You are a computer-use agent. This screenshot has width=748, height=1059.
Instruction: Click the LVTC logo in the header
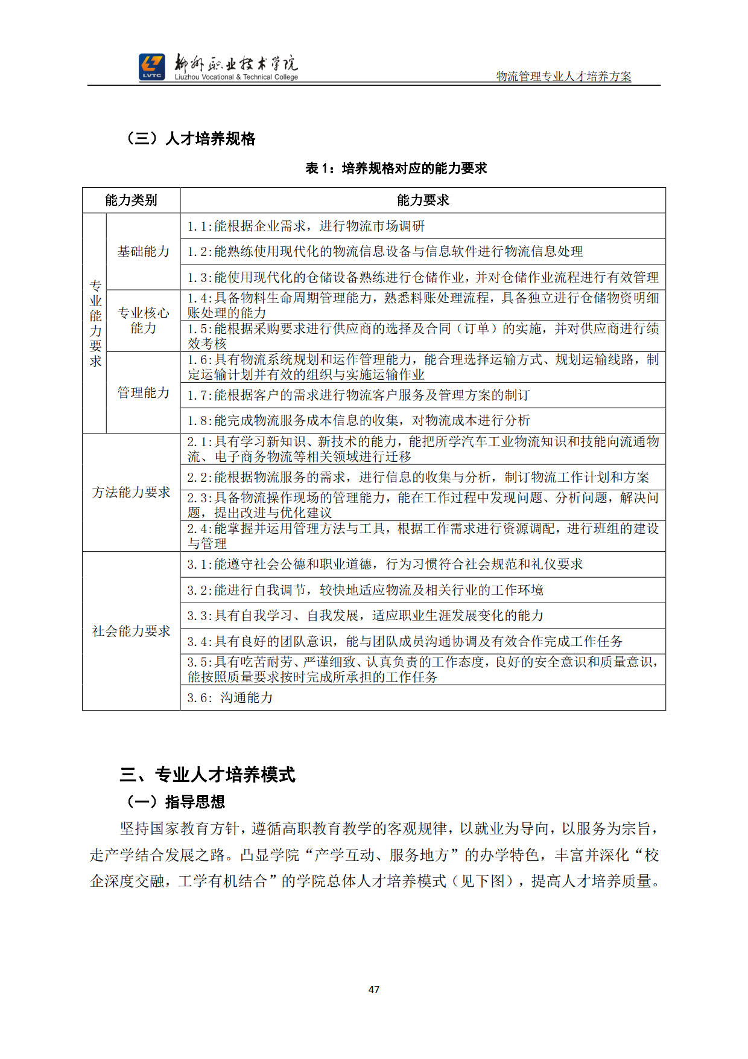pyautogui.click(x=151, y=67)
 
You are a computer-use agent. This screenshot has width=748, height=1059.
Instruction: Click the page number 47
pyautogui.click(x=374, y=989)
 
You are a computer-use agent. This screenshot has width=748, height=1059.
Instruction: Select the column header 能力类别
pyautogui.click(x=131, y=200)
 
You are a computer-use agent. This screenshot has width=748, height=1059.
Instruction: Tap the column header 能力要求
pyautogui.click(x=422, y=200)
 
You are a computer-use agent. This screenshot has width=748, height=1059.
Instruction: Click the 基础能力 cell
pyautogui.click(x=144, y=251)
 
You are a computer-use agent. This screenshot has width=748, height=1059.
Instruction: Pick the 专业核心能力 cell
pyautogui.click(x=144, y=320)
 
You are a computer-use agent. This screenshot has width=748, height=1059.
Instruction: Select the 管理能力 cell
pyautogui.click(x=144, y=392)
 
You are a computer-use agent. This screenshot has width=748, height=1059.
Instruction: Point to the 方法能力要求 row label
pyautogui.click(x=131, y=492)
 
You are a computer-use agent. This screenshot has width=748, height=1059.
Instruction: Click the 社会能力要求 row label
pyautogui.click(x=131, y=631)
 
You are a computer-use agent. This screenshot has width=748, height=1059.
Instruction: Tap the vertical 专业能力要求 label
pyautogui.click(x=95, y=323)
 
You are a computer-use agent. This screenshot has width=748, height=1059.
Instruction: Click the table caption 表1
pyautogui.click(x=396, y=168)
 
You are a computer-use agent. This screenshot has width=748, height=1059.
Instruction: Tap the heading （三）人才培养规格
pyautogui.click(x=190, y=139)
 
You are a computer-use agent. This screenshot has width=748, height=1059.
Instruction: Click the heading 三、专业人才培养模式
pyautogui.click(x=208, y=775)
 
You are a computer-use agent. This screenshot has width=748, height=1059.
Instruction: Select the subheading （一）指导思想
pyautogui.click(x=175, y=802)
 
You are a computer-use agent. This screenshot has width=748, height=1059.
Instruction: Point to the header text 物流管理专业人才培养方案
pyautogui.click(x=563, y=76)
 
